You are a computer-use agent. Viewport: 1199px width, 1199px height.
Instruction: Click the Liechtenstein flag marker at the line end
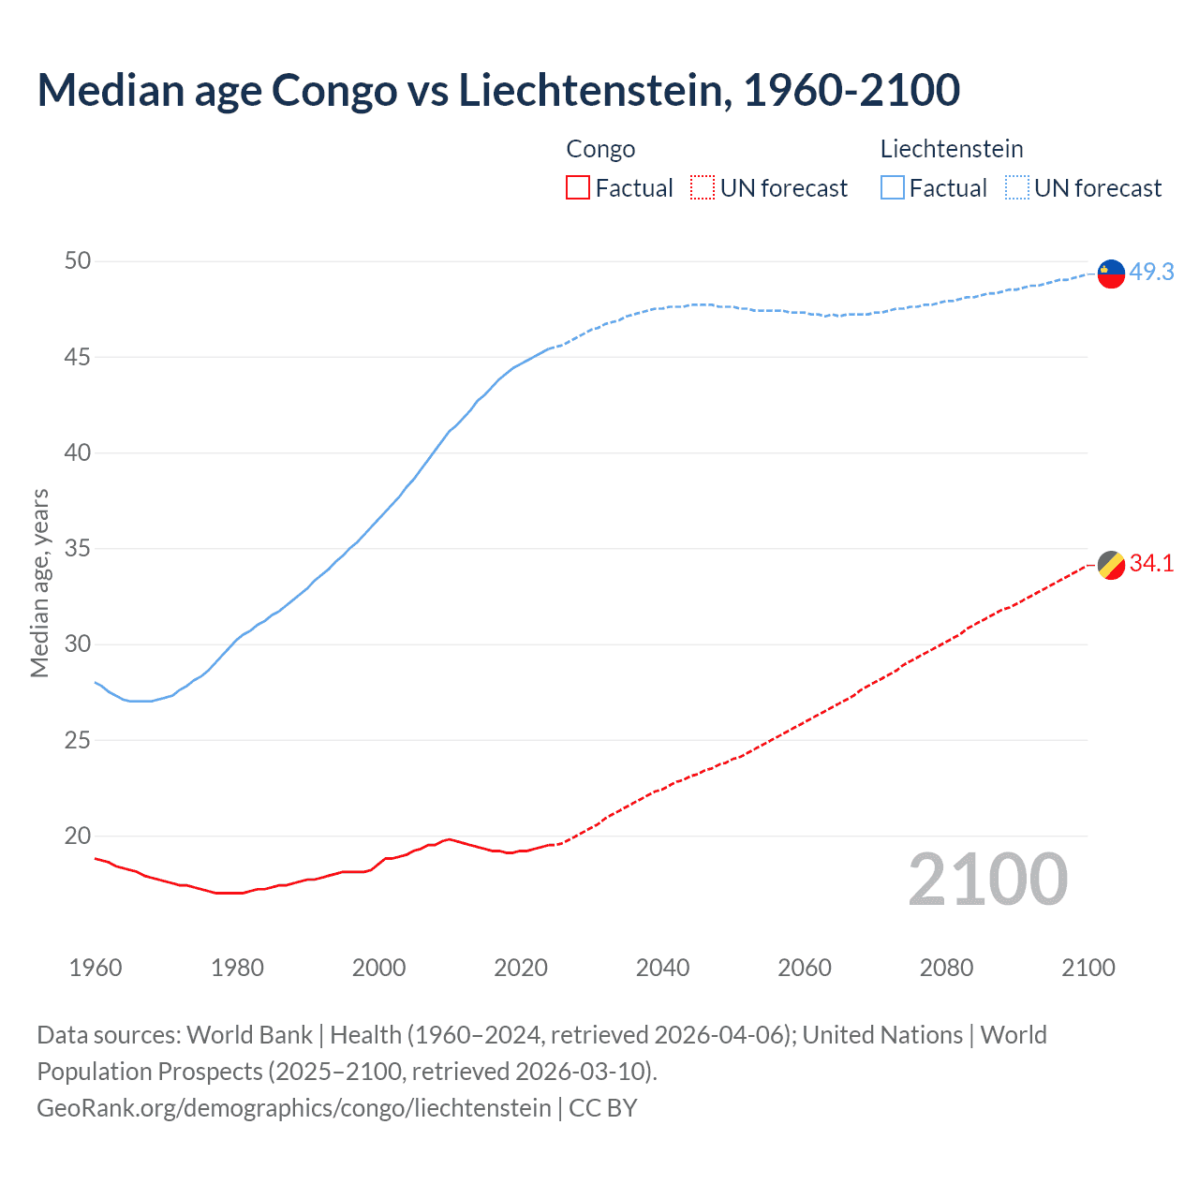[x=1111, y=274]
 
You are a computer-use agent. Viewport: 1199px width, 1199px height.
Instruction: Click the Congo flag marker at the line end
[x=1111, y=566]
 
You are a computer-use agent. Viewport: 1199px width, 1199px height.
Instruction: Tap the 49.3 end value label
[x=1151, y=272]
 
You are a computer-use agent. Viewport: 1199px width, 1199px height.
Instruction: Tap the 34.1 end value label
[x=1151, y=563]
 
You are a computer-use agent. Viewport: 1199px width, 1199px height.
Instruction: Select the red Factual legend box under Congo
[x=578, y=188]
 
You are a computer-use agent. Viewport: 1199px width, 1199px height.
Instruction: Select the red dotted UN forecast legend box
[x=703, y=188]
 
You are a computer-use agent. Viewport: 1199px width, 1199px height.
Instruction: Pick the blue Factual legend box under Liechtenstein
[x=893, y=188]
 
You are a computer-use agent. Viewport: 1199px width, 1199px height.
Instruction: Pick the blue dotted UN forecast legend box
[x=1016, y=188]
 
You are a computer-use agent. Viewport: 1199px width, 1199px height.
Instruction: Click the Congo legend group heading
[x=600, y=149]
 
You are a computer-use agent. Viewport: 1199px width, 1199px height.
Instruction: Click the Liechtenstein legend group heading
[x=951, y=149]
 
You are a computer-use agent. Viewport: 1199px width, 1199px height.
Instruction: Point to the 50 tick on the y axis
[x=78, y=260]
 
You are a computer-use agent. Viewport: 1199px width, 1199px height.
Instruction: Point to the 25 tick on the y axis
[x=78, y=740]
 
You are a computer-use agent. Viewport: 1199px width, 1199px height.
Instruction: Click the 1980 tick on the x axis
[x=237, y=968]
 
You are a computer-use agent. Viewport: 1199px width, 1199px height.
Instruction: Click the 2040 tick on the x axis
[x=662, y=968]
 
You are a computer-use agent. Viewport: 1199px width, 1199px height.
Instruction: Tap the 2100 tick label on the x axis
[x=1088, y=968]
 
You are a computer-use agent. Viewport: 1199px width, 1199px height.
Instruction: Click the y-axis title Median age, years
[x=39, y=583]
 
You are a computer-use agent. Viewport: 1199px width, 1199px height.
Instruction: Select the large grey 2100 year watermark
[x=987, y=879]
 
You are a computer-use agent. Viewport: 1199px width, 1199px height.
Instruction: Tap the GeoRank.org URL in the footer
[x=293, y=1108]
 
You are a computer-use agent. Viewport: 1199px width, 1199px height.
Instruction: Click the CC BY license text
[x=603, y=1108]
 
